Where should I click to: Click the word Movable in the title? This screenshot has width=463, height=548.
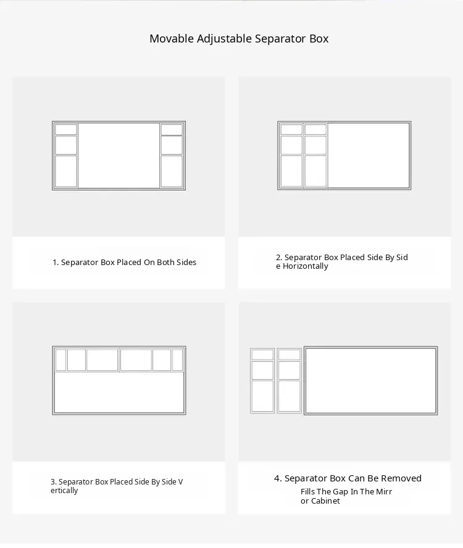(172, 38)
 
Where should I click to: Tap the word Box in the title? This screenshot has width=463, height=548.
(319, 38)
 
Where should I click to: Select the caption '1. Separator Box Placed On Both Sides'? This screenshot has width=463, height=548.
(124, 262)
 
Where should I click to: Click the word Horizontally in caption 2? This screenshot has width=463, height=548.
(306, 266)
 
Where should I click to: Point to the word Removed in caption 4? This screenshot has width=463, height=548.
(401, 478)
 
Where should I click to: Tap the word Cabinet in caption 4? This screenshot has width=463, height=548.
(325, 501)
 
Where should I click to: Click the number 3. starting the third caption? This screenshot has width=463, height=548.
(53, 482)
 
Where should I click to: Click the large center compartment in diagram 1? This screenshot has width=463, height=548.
(119, 155)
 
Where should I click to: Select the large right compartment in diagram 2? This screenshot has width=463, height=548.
(369, 155)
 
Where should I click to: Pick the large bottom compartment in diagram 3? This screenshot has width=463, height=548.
(119, 393)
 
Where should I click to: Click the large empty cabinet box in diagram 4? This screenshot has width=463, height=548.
(370, 380)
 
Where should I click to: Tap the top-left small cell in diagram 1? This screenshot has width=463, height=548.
(66, 129)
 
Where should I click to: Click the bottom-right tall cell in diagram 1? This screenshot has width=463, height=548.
(172, 171)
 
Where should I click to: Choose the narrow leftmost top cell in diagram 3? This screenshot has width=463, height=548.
(60, 359)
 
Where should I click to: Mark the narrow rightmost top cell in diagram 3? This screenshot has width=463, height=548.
(177, 359)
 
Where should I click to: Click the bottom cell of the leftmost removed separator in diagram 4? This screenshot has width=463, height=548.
(262, 396)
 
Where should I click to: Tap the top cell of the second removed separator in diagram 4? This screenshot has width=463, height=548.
(290, 354)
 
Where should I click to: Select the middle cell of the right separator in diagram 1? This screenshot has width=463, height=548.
(172, 145)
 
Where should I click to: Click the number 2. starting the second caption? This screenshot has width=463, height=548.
(279, 258)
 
